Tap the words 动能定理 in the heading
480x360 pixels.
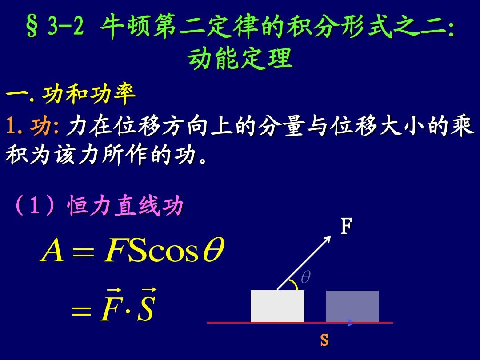tap(240, 58)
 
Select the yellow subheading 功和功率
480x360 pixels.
tap(89, 94)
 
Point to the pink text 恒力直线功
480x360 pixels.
tap(125, 205)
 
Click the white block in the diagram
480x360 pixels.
tap(277, 306)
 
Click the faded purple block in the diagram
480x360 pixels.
tap(352, 306)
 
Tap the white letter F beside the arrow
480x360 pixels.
tap(347, 226)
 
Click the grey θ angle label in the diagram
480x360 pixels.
tap(305, 277)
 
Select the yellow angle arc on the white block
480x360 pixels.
tap(295, 284)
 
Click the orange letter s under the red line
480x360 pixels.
tap(324, 340)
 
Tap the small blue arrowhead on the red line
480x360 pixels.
tap(351, 322)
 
